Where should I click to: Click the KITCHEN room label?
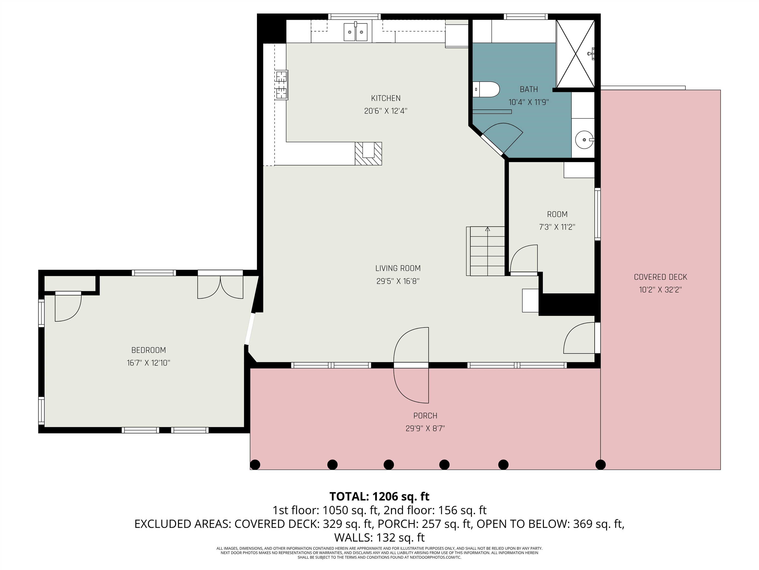click(385, 98)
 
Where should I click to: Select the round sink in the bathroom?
click(584, 140)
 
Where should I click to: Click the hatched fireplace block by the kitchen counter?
click(368, 154)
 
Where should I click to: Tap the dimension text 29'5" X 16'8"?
click(398, 281)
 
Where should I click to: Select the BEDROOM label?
click(148, 350)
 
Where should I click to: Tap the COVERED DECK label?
click(660, 277)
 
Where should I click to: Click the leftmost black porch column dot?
click(254, 465)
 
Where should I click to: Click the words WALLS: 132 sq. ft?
click(379, 537)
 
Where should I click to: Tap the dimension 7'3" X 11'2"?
click(557, 227)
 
